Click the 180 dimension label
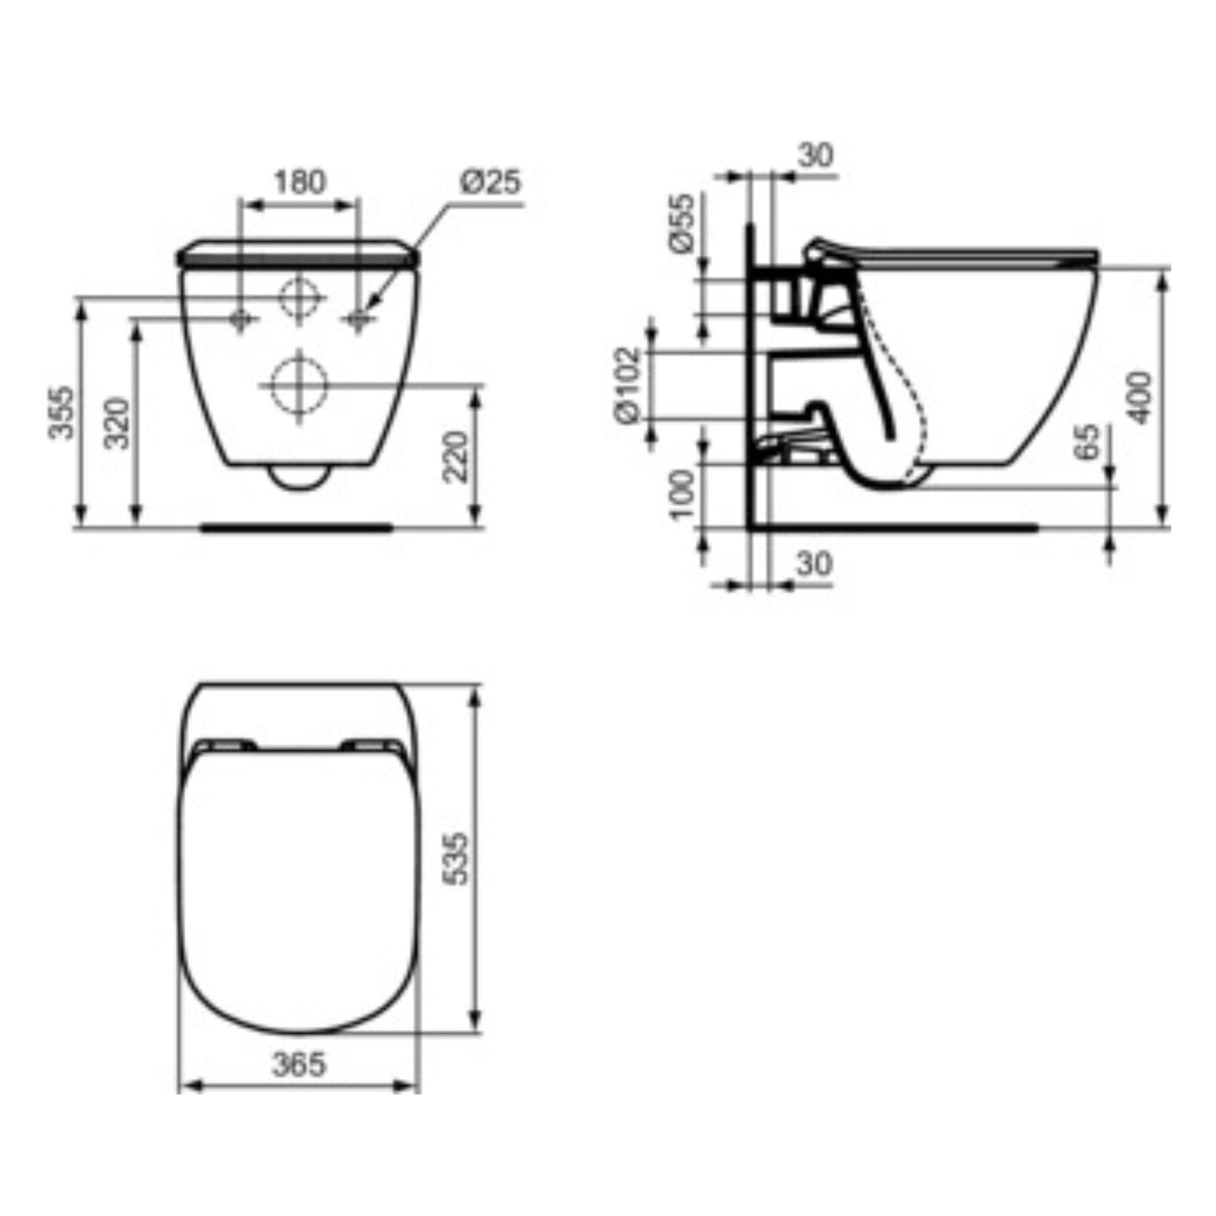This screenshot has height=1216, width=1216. [300, 183]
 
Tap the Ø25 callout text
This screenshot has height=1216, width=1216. [491, 182]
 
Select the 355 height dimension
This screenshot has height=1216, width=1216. [62, 412]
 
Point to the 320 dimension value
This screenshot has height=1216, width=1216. [117, 422]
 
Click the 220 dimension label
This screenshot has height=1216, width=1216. [455, 457]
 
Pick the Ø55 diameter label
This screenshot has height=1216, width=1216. [682, 223]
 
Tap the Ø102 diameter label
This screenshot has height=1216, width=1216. [629, 385]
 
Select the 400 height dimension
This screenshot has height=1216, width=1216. [1139, 397]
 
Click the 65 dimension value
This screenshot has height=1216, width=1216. [1086, 442]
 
